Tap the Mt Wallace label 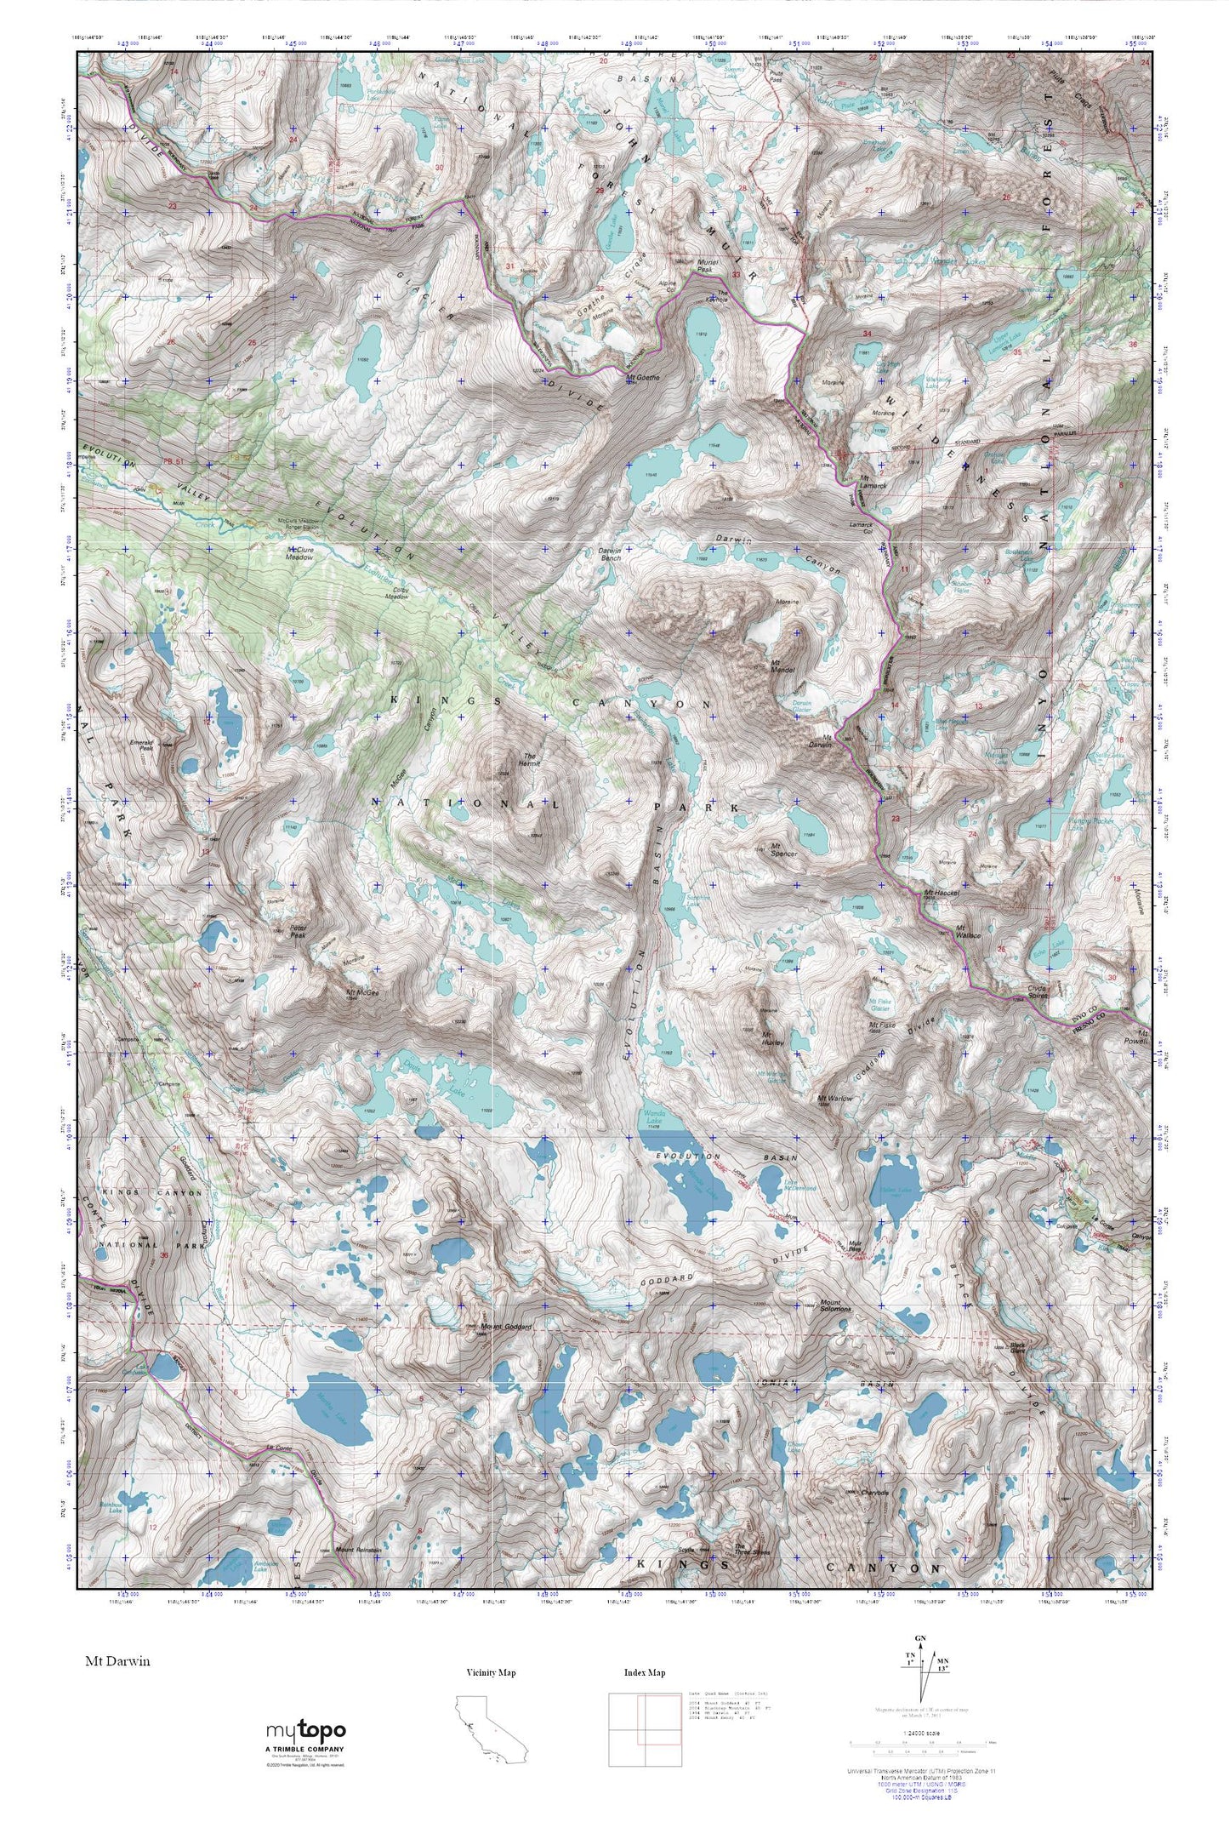click(968, 931)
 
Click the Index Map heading click(644, 1672)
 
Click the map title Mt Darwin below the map click(117, 1660)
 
